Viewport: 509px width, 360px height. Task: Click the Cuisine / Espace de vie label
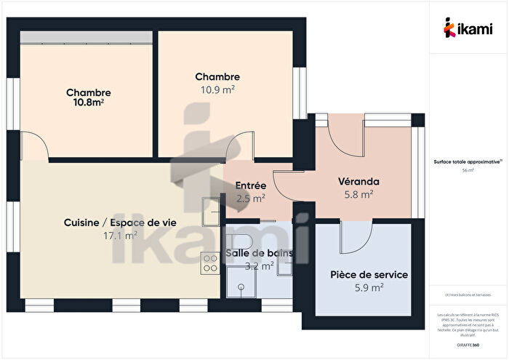(x=121, y=223)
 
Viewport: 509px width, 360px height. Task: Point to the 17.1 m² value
(x=121, y=236)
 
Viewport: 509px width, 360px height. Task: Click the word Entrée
(x=250, y=185)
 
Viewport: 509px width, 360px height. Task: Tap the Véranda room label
(x=359, y=182)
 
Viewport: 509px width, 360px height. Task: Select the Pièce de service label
(x=369, y=275)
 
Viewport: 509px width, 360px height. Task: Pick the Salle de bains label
(x=259, y=253)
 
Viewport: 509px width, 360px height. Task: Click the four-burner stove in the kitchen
(x=210, y=262)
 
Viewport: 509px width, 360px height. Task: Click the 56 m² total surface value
(x=468, y=171)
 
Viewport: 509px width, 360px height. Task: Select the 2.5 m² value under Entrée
(x=250, y=197)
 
